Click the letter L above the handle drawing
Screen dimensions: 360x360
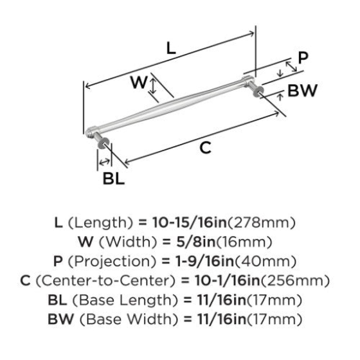pos(171,48)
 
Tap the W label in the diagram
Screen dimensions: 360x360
pos(139,82)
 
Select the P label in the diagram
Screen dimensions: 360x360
pos(303,58)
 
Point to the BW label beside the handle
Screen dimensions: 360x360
pos(302,90)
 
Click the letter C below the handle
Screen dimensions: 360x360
pos(205,148)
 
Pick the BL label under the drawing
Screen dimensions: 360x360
pos(114,178)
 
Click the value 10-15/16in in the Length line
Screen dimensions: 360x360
pos(189,222)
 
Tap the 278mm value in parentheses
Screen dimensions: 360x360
pos(261,222)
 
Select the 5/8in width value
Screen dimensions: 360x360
pos(196,242)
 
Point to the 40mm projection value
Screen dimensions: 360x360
pos(265,261)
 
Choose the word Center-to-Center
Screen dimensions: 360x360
pos(106,280)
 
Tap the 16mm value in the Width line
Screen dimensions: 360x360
pos(243,242)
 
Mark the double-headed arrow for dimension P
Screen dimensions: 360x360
pos(291,67)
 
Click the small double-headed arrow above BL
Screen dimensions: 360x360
pos(105,162)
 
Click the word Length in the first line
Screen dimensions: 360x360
pos(101,222)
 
